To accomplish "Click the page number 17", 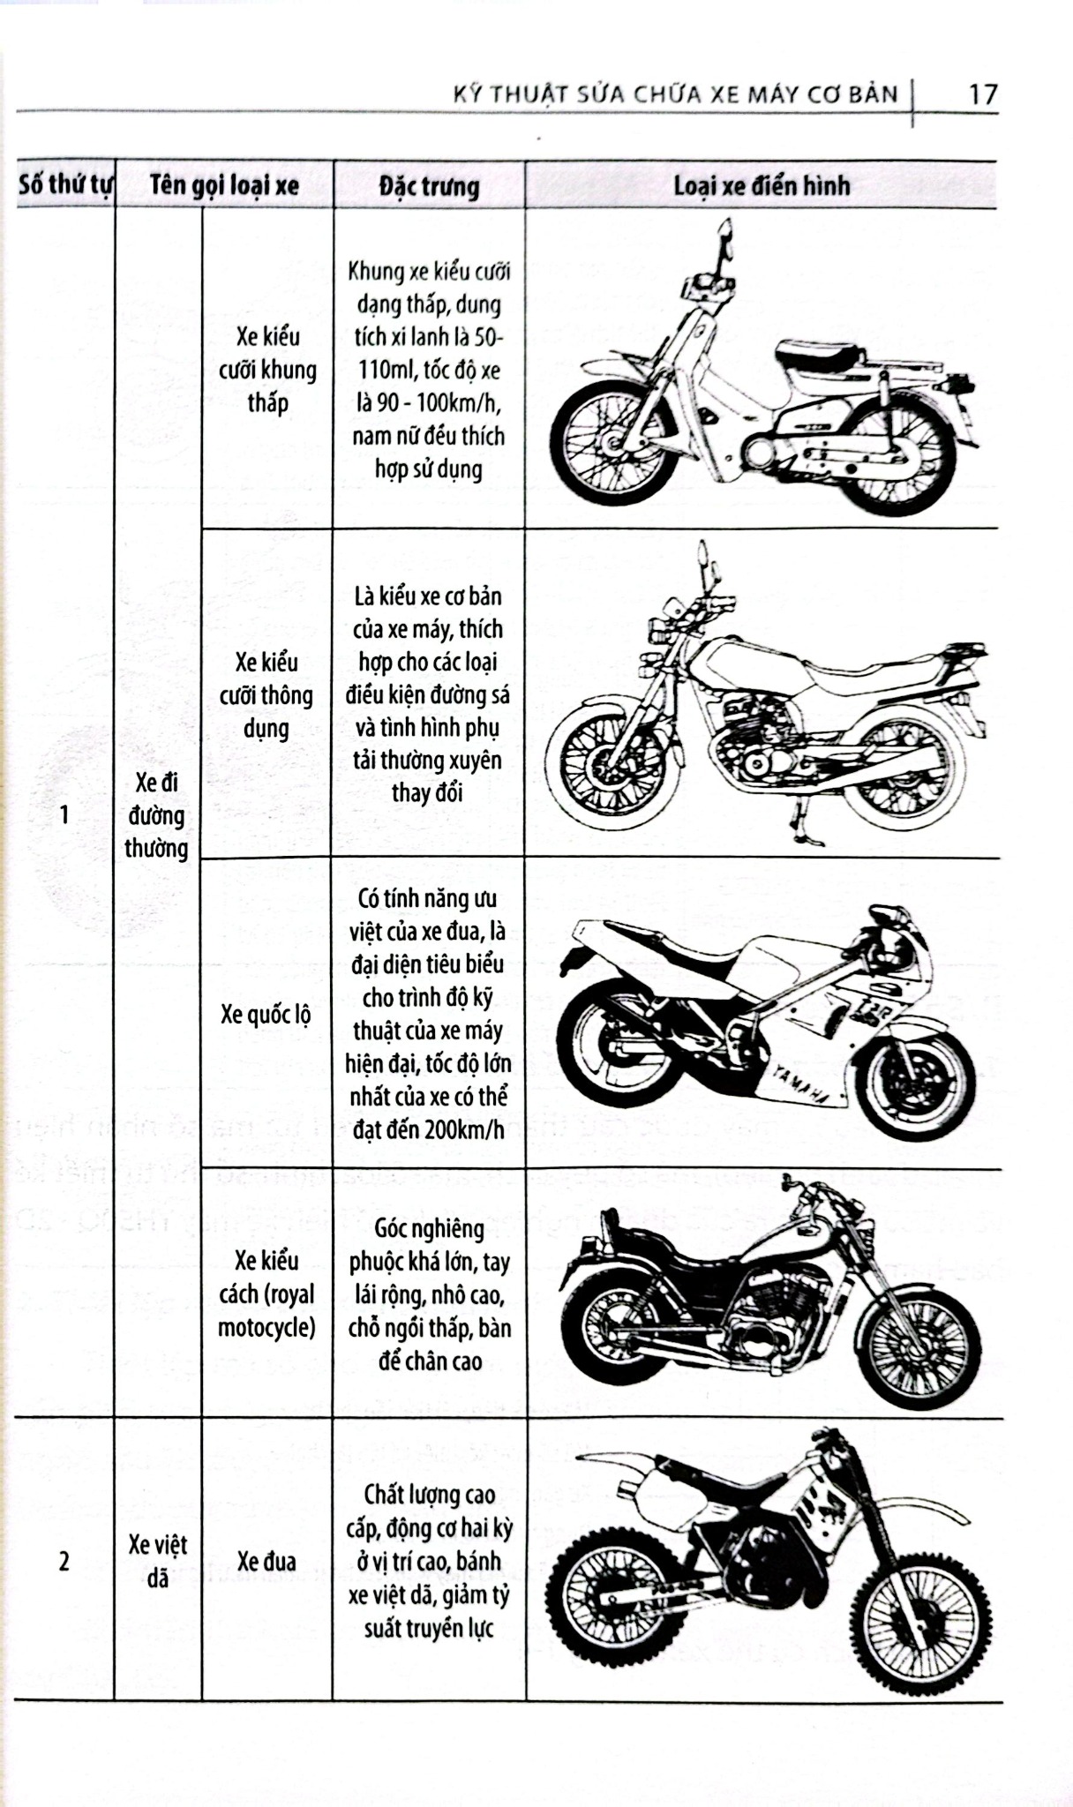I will pyautogui.click(x=981, y=94).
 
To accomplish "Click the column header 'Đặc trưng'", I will pyautogui.click(x=429, y=186).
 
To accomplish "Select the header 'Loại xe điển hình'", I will pyautogui.click(x=761, y=186).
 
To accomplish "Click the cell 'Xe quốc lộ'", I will pyautogui.click(x=266, y=1015).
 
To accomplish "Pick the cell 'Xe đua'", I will pyautogui.click(x=266, y=1561).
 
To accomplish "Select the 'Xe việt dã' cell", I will pyautogui.click(x=157, y=1561).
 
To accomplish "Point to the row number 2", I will pyautogui.click(x=64, y=1561).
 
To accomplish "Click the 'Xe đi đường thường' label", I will pyautogui.click(x=156, y=814).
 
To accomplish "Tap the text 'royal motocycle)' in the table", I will pyautogui.click(x=266, y=1311).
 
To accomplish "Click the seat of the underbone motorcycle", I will pyautogui.click(x=816, y=355).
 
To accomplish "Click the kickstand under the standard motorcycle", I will pyautogui.click(x=803, y=825).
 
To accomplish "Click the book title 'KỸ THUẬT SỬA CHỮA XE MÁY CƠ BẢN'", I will pyautogui.click(x=675, y=94).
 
